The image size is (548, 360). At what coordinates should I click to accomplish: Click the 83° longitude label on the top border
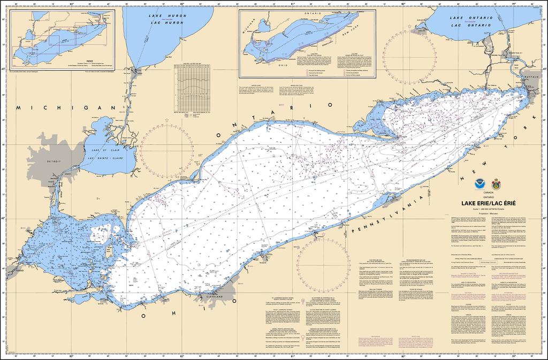(x=71, y=4)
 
